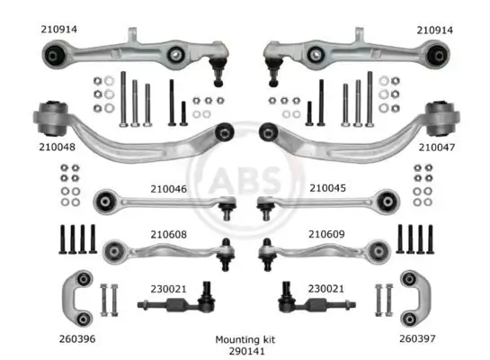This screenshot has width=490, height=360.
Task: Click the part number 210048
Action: coord(57,147)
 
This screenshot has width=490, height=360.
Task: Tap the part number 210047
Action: coord(437,148)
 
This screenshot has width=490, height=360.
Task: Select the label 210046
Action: coord(168,189)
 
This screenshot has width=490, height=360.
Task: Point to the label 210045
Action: coord(327,188)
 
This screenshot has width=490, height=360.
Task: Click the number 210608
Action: coord(168,234)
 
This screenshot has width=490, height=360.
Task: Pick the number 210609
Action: coord(326,234)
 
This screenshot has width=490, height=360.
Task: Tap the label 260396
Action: coord(77,338)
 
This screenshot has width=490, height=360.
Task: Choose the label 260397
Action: coord(417,338)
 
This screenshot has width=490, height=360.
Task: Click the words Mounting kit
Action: coord(245,339)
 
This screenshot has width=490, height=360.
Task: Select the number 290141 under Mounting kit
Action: coord(246,351)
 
